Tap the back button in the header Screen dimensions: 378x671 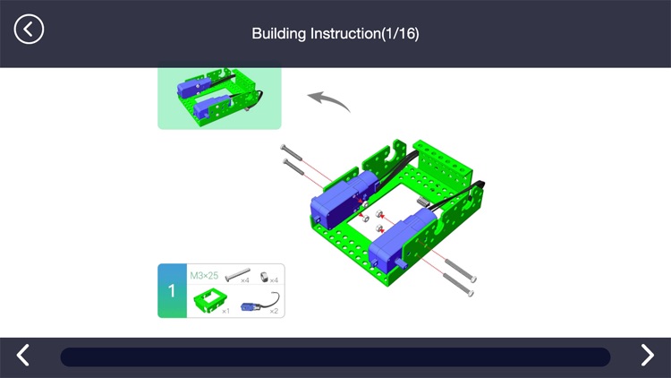29,29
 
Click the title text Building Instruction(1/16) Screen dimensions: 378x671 335,34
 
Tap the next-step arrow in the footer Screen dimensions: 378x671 647,356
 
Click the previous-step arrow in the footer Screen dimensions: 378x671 24,356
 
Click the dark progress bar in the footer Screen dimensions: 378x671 335,357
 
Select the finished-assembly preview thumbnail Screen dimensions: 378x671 219,98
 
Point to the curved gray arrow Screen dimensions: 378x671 328,99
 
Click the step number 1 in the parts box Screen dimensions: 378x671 171,291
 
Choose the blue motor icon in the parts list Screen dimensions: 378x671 259,303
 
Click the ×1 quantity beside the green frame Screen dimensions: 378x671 225,311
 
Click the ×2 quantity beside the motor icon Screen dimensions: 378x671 275,311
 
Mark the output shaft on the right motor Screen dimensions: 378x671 403,265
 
